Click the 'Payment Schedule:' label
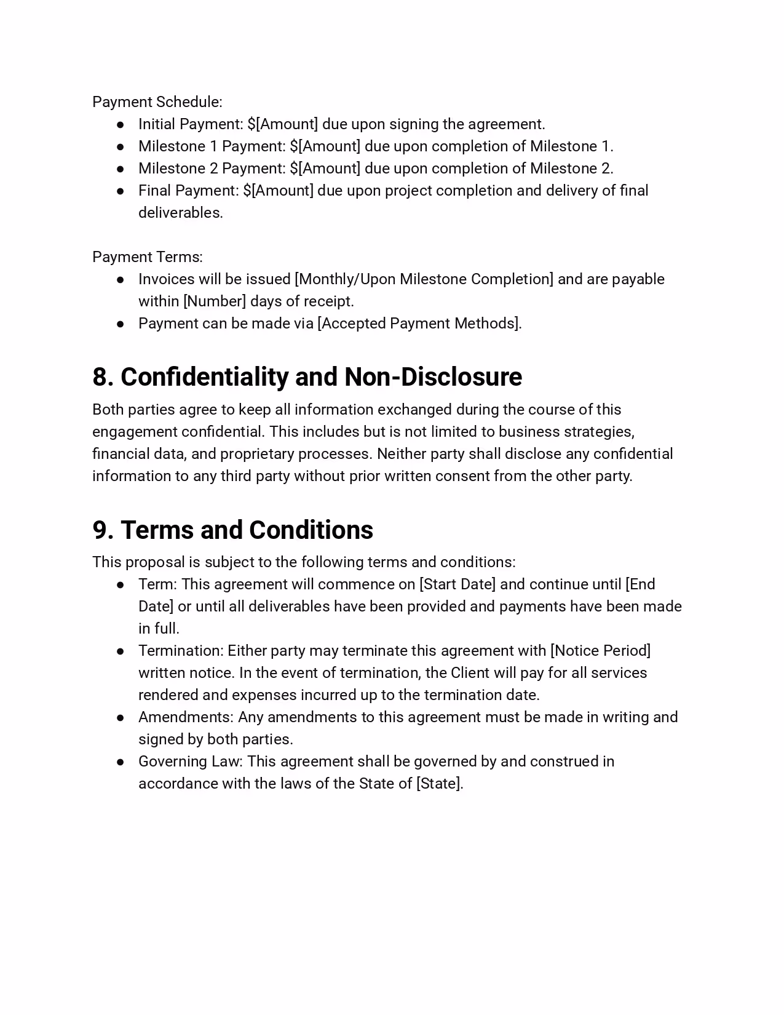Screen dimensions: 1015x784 click(157, 102)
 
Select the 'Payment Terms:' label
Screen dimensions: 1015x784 click(148, 257)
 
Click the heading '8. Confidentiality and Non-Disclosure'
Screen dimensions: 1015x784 click(307, 377)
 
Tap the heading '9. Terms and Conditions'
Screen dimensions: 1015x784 click(232, 530)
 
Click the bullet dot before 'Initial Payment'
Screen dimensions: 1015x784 click(121, 125)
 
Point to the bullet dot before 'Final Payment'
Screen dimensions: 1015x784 click(121, 191)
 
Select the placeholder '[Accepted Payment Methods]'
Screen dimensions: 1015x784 click(419, 324)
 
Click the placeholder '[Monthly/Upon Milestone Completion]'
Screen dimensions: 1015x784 click(424, 279)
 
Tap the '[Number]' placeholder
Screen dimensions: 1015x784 click(215, 301)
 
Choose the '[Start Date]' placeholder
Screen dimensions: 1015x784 click(457, 584)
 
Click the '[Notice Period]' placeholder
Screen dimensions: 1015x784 click(601, 651)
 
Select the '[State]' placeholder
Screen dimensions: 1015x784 click(439, 784)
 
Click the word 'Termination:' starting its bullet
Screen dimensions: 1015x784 click(181, 651)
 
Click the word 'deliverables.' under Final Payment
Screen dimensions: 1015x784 click(181, 213)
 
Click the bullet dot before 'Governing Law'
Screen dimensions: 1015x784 click(121, 762)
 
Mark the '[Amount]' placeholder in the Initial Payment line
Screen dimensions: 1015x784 click(287, 124)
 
